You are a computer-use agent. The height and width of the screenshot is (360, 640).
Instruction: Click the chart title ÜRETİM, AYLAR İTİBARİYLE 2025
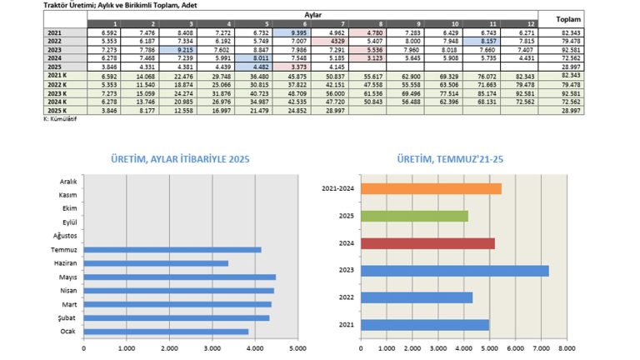181,159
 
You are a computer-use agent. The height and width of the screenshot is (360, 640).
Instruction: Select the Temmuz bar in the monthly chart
173,249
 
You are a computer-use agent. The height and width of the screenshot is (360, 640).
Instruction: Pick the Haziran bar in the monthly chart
157,263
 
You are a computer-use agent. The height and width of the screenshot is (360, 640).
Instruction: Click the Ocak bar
167,331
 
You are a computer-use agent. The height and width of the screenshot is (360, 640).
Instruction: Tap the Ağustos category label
65,236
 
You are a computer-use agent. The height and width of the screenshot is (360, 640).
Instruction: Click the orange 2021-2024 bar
431,188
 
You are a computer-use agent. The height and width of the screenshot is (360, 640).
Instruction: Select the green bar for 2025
414,216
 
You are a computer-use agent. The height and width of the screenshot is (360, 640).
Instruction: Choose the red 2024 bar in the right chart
427,243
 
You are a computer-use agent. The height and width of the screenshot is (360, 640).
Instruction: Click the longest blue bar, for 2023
455,270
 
